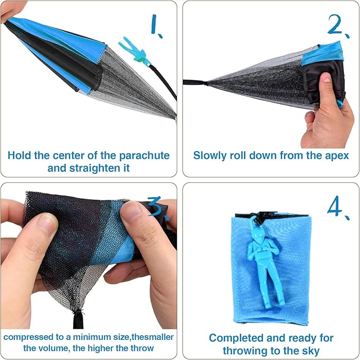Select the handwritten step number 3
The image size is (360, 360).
(158, 207)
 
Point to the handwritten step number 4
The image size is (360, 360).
(337, 207)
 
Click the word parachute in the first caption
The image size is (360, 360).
(144, 156)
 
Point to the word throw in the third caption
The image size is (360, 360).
(142, 348)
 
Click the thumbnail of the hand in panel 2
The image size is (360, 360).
(326, 77)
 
